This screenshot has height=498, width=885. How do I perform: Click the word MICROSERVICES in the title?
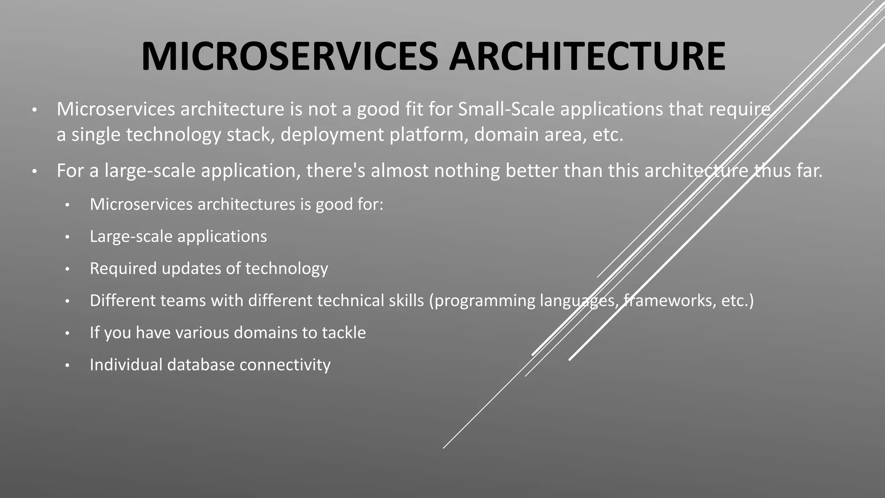[290, 57]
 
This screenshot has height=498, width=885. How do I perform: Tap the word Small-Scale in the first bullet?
[506, 109]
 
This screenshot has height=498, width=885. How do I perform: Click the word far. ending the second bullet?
[810, 171]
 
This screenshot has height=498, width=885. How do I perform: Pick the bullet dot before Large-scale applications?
[67, 237]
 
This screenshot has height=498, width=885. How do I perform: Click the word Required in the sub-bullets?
[123, 268]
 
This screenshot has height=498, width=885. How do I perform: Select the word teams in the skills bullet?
[183, 300]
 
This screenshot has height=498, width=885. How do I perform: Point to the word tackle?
[344, 333]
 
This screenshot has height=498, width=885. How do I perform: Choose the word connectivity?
[285, 365]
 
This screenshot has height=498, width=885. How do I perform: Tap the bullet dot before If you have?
[67, 334]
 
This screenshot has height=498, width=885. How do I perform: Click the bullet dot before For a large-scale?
[35, 172]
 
